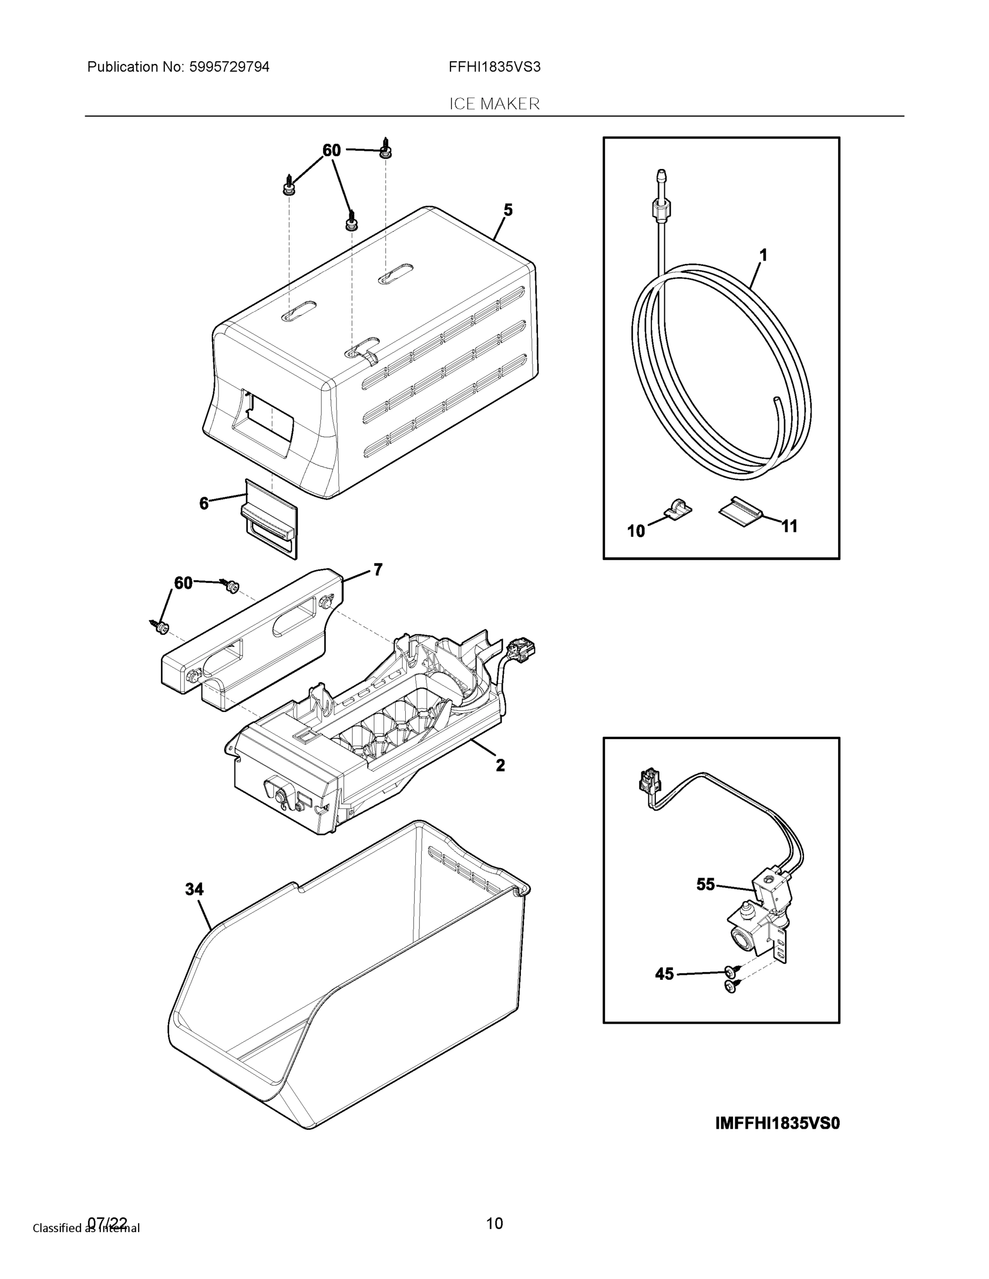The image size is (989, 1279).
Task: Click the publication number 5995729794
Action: tap(229, 67)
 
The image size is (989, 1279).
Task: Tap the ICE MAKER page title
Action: tap(494, 104)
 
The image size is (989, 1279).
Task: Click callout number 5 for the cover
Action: tap(508, 211)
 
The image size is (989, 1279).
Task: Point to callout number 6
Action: tap(204, 503)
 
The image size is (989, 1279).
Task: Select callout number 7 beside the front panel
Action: tap(378, 569)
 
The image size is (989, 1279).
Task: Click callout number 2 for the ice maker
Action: tap(500, 765)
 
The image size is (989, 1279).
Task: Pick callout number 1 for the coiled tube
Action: tap(763, 255)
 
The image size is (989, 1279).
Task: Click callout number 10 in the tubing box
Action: tap(636, 531)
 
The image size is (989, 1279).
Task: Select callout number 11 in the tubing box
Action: tap(790, 527)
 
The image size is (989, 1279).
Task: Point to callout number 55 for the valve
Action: tap(705, 884)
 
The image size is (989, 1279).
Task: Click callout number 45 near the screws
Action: tap(664, 975)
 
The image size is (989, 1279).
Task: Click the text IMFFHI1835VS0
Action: tap(777, 1124)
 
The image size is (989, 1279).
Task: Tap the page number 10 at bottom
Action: tap(495, 1224)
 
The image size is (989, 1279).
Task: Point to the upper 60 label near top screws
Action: tap(332, 150)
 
